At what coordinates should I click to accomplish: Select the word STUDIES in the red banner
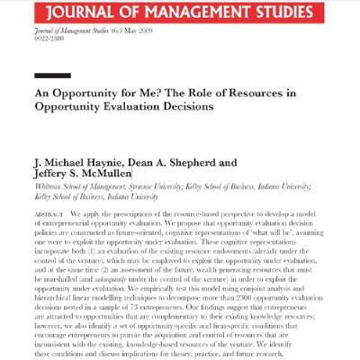tap(288, 12)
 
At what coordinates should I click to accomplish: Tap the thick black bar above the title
tap(51, 76)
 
